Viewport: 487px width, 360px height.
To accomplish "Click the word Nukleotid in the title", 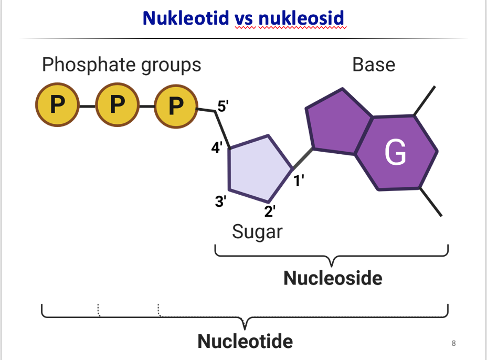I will click(186, 18).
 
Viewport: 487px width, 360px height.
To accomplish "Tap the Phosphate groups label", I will click(121, 65).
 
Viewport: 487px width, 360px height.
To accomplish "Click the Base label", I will click(374, 65).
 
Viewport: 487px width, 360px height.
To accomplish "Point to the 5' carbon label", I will click(223, 106).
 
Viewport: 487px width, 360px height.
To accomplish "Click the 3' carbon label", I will click(221, 201).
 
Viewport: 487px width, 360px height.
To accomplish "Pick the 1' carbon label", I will click(299, 182).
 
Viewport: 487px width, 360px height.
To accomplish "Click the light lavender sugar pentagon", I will click(257, 169).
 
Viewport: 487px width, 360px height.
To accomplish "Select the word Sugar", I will click(257, 231).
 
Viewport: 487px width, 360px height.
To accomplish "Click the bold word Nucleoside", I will click(333, 278).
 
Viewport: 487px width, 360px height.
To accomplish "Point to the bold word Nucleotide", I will click(245, 342).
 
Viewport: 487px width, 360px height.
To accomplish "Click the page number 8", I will click(453, 344).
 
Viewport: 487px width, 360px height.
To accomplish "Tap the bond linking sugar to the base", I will click(303, 159).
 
